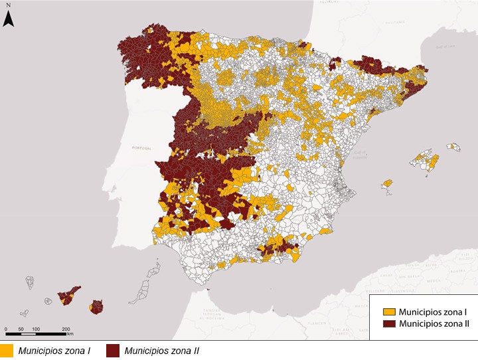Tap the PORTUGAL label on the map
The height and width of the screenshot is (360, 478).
(x=144, y=147)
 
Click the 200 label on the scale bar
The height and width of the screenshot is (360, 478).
(x=67, y=329)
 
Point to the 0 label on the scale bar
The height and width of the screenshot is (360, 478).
(x=6, y=329)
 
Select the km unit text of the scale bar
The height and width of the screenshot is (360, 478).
(x=70, y=333)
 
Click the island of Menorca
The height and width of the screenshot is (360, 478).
(x=453, y=147)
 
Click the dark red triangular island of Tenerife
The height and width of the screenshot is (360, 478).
(x=69, y=294)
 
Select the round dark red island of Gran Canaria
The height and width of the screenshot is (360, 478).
(x=98, y=307)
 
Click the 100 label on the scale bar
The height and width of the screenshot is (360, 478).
(x=37, y=329)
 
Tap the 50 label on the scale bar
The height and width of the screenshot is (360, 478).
(x=21, y=329)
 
